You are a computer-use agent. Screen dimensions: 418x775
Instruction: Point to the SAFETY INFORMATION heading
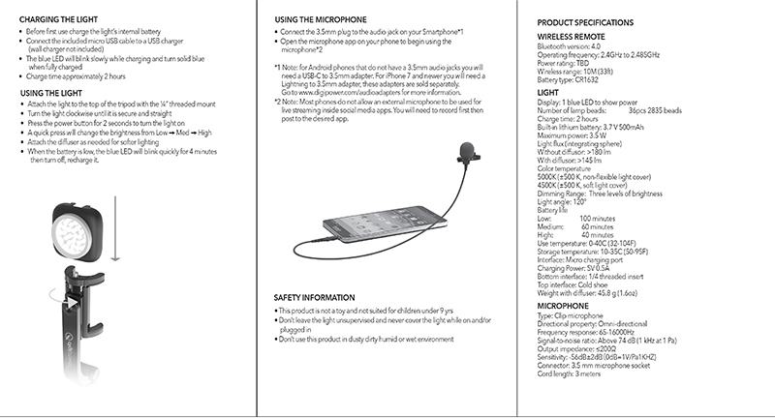pyautogui.click(x=317, y=296)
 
